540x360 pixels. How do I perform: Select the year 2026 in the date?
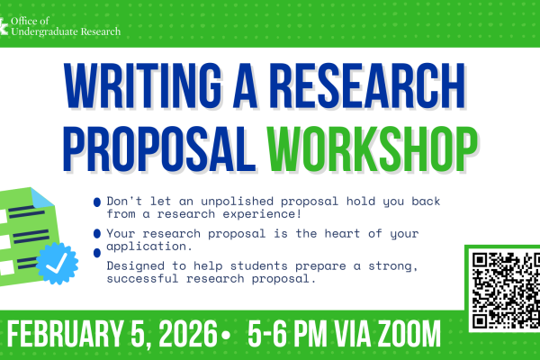pos(193,337)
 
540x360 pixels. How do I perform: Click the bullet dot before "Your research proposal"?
pos(96,234)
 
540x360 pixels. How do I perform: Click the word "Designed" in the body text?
pos(132,266)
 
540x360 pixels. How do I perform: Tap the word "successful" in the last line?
pos(143,279)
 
